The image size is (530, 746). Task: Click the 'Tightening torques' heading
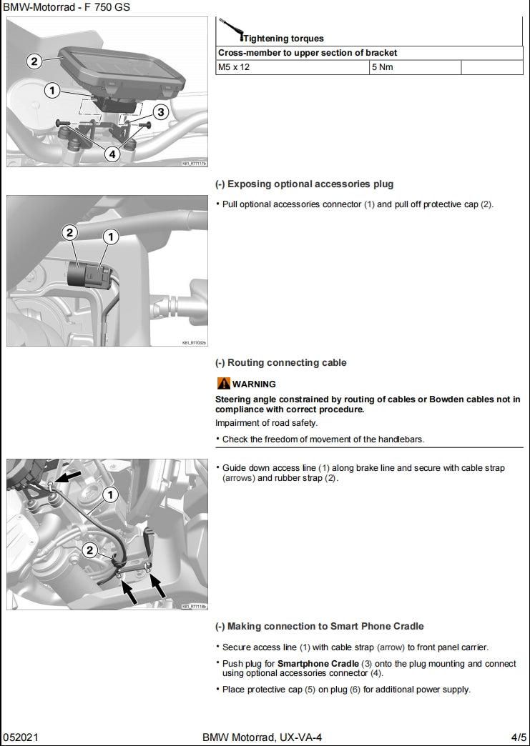tap(283, 39)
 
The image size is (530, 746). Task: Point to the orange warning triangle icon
tap(223, 384)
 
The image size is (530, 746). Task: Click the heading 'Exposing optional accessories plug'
tap(304, 184)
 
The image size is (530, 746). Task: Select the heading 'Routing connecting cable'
tap(280, 362)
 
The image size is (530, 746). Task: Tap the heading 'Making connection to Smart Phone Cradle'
tap(319, 626)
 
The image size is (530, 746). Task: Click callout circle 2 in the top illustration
tap(34, 61)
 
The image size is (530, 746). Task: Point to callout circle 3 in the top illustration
tap(160, 112)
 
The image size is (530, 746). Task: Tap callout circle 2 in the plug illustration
tap(69, 232)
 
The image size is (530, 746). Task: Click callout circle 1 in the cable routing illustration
tap(110, 494)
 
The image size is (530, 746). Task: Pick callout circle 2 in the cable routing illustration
tap(89, 549)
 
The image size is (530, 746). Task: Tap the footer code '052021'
tap(16, 737)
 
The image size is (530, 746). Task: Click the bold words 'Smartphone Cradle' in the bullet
tap(318, 664)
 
